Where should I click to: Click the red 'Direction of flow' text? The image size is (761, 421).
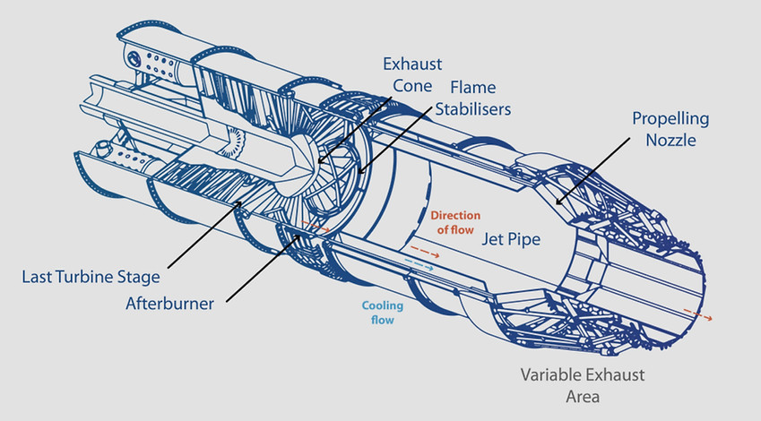(456, 223)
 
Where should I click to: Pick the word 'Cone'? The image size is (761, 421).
(409, 86)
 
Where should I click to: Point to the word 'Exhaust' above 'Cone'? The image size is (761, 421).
(409, 64)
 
